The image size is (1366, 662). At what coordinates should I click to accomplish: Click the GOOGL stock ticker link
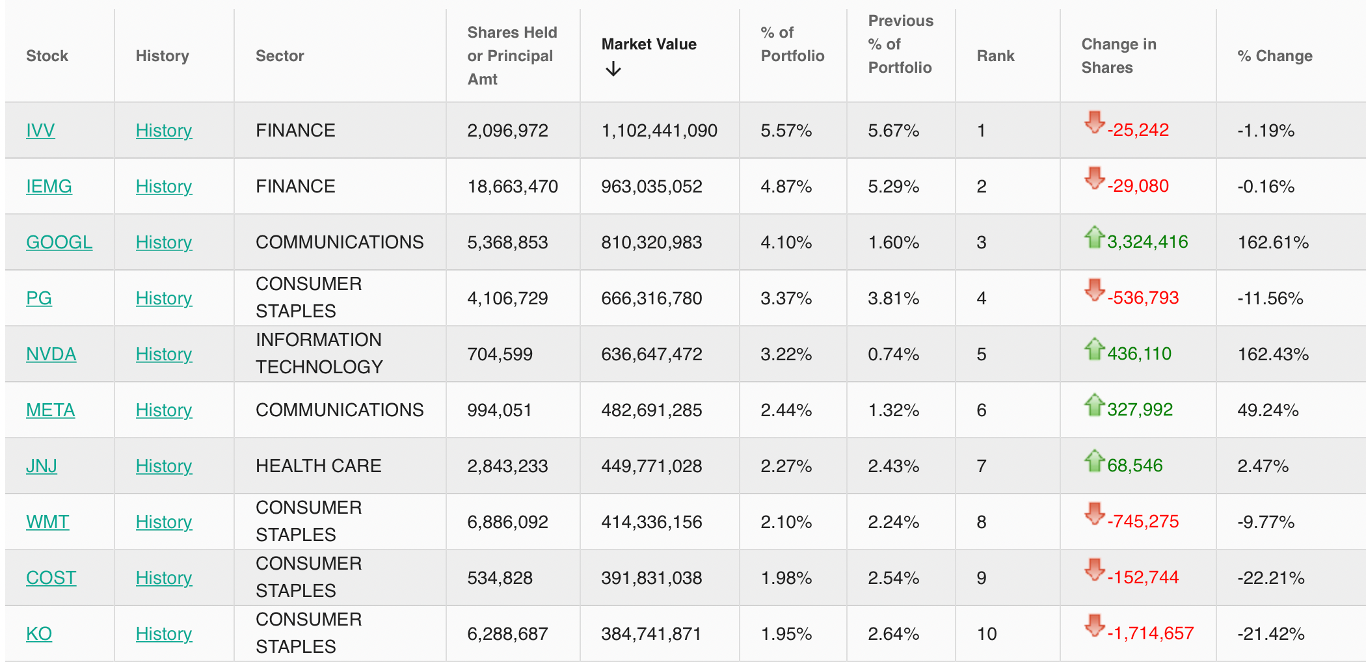59,242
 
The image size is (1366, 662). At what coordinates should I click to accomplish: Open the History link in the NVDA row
164,354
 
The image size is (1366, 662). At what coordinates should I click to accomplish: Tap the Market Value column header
649,44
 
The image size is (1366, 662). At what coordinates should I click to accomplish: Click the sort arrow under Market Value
613,68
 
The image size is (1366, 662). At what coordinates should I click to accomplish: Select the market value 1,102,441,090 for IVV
659,131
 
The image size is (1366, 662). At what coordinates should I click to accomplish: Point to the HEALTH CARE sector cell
319,466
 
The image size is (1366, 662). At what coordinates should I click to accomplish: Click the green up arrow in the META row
1095,404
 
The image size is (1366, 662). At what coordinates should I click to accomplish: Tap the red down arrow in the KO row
1095,626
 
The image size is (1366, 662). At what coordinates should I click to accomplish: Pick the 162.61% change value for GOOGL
1273,243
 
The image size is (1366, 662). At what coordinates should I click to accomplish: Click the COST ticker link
51,577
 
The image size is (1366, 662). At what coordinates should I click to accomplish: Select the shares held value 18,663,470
513,187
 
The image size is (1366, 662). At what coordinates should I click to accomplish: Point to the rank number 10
987,634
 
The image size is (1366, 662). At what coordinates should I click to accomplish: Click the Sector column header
280,56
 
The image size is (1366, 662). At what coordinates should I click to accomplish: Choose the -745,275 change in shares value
1143,522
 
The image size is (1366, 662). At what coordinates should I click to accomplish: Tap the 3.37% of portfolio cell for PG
786,298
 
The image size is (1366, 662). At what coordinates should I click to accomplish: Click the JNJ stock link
42,466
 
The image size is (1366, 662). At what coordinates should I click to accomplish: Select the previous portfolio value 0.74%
893,354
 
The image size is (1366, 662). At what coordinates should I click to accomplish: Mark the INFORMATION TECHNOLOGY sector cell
319,353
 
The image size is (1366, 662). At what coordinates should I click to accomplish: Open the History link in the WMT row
164,522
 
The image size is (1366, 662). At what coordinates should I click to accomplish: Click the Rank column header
995,56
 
